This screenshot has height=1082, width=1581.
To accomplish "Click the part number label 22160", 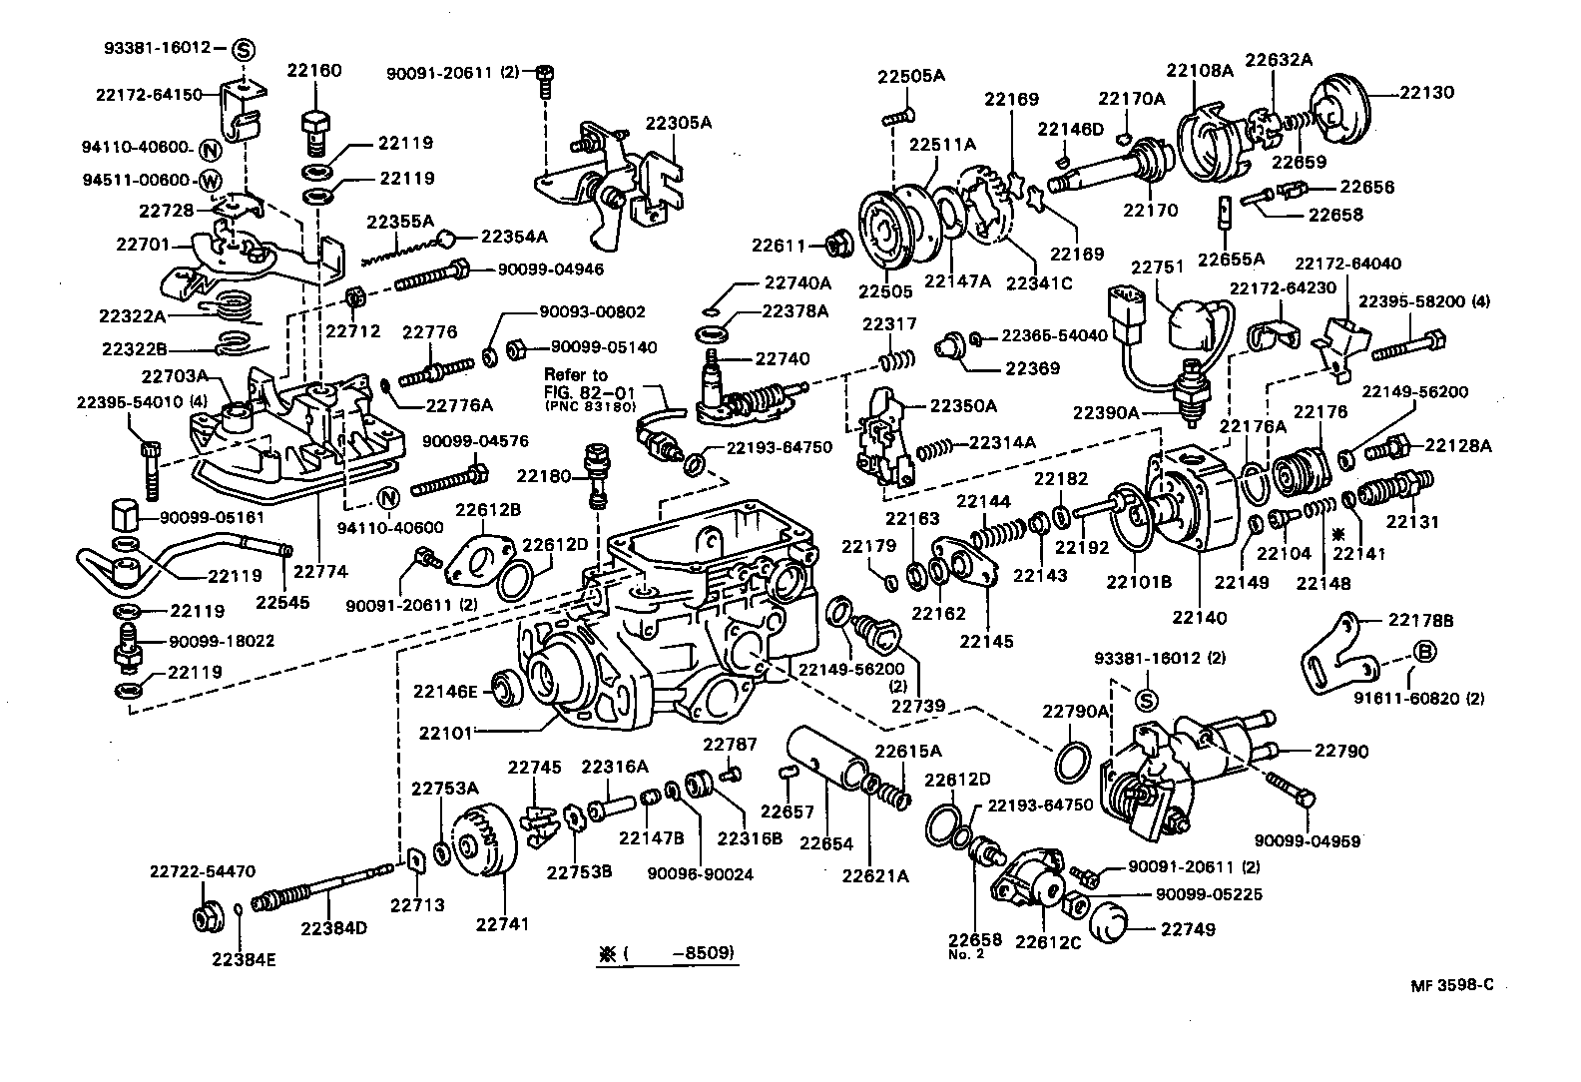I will coord(313,71).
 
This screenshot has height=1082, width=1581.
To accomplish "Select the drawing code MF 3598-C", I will coord(1452,985).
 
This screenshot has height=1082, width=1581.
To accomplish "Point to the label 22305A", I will coord(678,124).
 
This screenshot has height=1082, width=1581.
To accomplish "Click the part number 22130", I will coord(1426,92).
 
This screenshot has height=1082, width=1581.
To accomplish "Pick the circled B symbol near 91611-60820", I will coord(1425,652).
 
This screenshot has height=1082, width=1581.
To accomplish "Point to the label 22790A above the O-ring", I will coord(1076,711).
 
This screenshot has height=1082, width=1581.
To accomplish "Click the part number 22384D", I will coord(333,927).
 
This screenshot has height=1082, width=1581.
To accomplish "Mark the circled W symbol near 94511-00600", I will coord(210,181).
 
